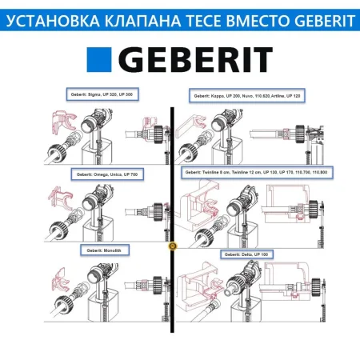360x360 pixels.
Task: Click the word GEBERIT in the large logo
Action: click(200, 60)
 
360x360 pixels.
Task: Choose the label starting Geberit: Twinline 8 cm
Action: click(249, 172)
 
